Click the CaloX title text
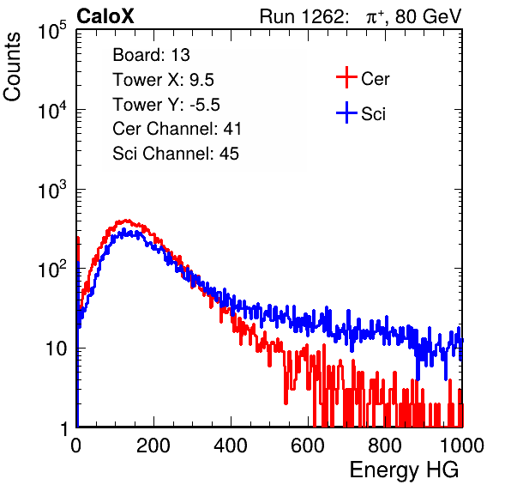point(105,16)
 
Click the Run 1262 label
point(302,16)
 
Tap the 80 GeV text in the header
point(428,16)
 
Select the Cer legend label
point(375,79)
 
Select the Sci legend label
point(373,114)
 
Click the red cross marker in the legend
point(346,77)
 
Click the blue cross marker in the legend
point(346,112)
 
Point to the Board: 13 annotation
point(151,55)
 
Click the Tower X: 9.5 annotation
point(163,80)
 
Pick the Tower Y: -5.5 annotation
point(166,105)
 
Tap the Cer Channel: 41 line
point(177,129)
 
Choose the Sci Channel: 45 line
point(176,154)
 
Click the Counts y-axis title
point(12,66)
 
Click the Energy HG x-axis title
point(404,470)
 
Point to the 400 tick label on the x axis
point(231,446)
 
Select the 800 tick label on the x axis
point(385,446)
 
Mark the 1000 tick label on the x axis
point(462,446)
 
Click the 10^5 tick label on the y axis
point(52,30)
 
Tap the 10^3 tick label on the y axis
point(52,190)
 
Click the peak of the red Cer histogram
point(128,221)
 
